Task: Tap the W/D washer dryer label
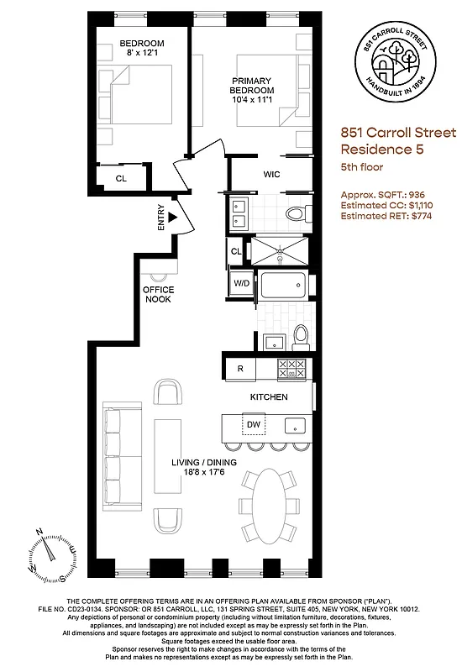pos(242,284)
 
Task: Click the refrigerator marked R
pos(240,368)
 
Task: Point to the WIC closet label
pos(271,175)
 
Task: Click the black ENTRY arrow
pos(173,218)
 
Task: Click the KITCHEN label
pos(269,396)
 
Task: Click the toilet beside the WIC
pos(294,213)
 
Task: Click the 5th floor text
pos(362,167)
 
